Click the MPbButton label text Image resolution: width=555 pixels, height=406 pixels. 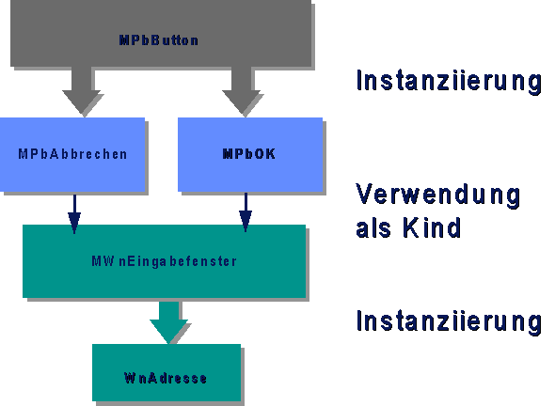click(159, 40)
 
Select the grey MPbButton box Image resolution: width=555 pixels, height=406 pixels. click(161, 33)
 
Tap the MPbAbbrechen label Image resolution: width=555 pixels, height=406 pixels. click(72, 154)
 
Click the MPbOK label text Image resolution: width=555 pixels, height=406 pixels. click(249, 154)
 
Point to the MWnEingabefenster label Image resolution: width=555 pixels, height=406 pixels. click(164, 261)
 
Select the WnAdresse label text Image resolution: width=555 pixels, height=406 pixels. click(166, 378)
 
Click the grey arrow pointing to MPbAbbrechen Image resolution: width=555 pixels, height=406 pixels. click(82, 90)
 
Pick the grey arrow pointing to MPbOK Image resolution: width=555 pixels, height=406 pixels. click(242, 90)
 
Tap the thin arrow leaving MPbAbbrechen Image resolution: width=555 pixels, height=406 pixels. click(74, 213)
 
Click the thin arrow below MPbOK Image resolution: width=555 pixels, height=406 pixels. click(246, 211)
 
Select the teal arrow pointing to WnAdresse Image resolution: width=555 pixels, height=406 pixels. click(168, 320)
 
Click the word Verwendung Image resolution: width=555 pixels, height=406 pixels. click(437, 195)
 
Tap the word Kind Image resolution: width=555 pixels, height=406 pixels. click(432, 227)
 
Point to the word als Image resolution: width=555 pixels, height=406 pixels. click(373, 227)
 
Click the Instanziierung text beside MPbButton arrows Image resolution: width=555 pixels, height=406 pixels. click(449, 81)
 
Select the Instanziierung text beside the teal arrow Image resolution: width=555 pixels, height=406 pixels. click(449, 321)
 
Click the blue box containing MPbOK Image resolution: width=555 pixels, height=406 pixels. click(250, 154)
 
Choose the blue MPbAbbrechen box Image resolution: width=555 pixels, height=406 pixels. click(72, 154)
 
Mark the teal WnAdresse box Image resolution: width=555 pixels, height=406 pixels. click(166, 373)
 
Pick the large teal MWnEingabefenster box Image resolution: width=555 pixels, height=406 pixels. click(164, 261)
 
